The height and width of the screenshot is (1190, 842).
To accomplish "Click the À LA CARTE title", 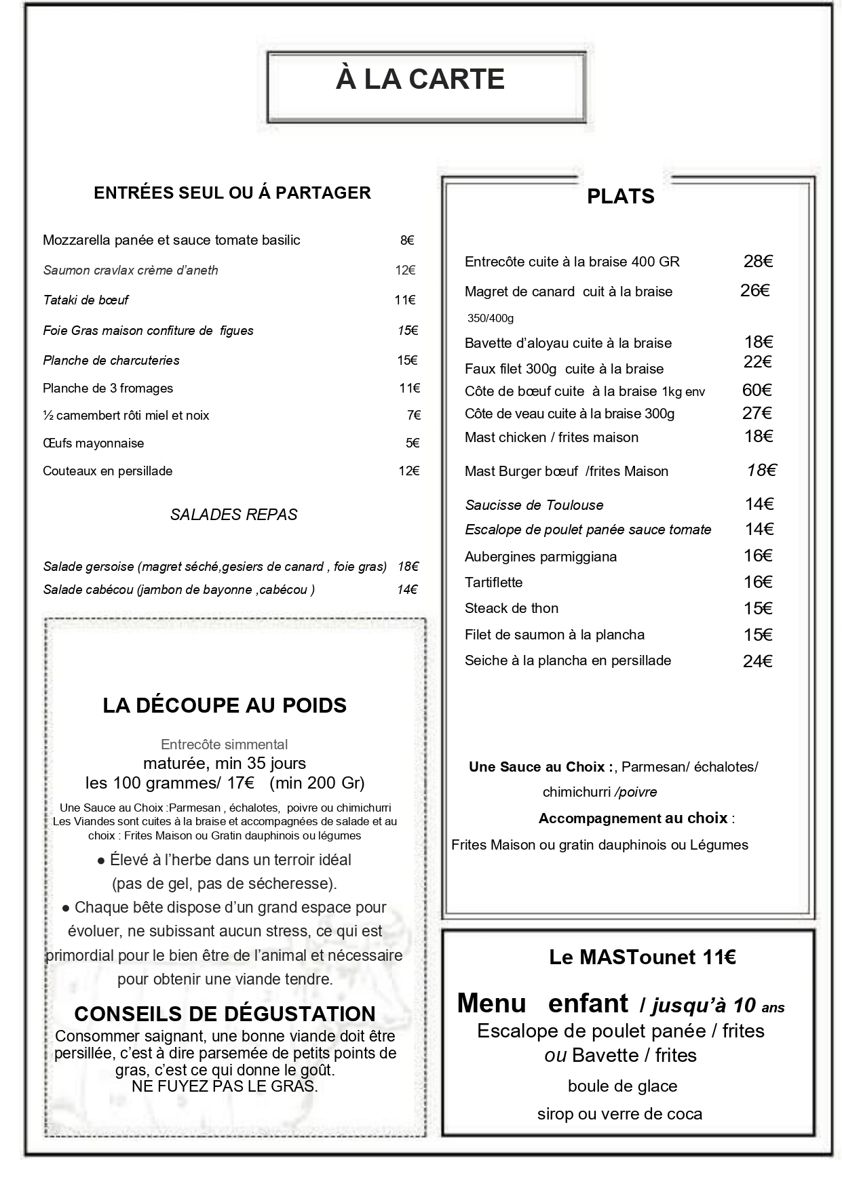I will coord(420,79).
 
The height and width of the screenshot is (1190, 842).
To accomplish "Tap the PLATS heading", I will coord(620,197).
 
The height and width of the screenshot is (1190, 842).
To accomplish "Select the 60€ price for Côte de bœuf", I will coord(757,390).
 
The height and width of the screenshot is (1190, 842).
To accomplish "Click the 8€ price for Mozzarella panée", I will coord(407,240).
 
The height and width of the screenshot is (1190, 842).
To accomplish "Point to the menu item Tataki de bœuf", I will coord(85,300).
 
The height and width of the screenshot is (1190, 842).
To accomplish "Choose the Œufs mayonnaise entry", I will coord(93,443).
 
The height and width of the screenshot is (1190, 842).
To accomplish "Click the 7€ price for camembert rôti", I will coord(413,416).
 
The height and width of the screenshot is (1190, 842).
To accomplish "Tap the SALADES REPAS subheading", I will coord(233,515).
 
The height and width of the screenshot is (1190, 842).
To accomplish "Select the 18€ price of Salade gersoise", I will coord(408,566).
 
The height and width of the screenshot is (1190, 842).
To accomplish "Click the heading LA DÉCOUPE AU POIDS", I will coord(225,705).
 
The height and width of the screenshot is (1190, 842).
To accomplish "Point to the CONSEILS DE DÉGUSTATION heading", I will coord(225,1014).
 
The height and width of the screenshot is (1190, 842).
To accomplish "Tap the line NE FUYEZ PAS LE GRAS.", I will coord(225,1086).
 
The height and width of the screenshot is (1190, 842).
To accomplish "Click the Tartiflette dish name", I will coord(493,582).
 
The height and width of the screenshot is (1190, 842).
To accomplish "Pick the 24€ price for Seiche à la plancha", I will coord(757,661).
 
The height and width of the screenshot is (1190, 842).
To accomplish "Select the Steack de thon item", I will coord(511,608).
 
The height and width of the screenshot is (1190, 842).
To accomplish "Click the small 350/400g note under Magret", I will coord(490,318).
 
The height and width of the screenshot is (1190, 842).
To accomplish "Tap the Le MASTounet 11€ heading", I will coord(642,957).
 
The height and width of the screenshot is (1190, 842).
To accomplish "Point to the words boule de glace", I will coord(622,1086).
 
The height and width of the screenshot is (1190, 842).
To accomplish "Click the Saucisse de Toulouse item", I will coord(534,505).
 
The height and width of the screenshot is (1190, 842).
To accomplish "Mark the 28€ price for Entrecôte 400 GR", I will coord(758,262).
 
